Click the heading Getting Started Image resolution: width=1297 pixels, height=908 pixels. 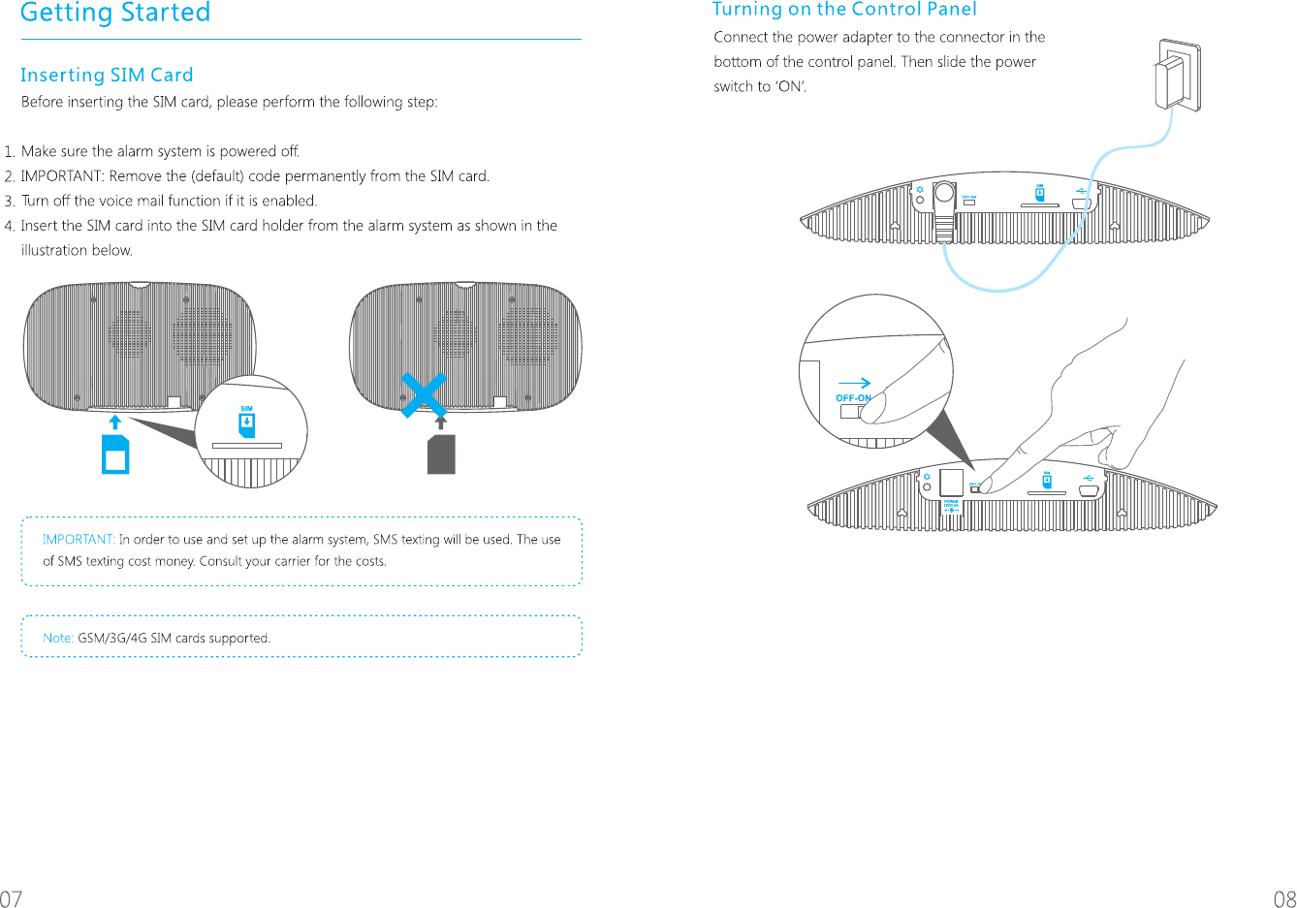point(115,14)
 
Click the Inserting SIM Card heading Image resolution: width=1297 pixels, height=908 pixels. point(107,76)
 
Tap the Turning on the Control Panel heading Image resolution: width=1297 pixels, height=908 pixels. point(844,10)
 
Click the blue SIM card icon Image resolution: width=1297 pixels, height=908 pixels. point(115,454)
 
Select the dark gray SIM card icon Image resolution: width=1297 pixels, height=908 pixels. point(441,454)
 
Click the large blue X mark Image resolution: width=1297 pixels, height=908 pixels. point(424,395)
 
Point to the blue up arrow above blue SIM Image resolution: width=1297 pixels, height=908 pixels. point(115,422)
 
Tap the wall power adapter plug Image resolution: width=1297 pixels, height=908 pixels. point(1176,77)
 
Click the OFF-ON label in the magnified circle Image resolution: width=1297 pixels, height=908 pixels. point(853,398)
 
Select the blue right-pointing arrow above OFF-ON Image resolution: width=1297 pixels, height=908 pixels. point(854,383)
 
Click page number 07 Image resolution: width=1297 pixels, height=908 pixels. point(11,898)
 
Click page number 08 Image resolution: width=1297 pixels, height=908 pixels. point(1284,898)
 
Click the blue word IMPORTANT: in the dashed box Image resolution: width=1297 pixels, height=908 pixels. point(79,540)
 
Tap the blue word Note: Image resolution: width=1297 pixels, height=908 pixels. point(58,638)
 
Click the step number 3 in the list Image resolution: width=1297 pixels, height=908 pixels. point(9,202)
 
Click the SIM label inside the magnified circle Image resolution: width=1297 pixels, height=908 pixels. point(246,409)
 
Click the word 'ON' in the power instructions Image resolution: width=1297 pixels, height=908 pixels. point(791,87)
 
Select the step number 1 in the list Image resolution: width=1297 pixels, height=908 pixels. point(9,152)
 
